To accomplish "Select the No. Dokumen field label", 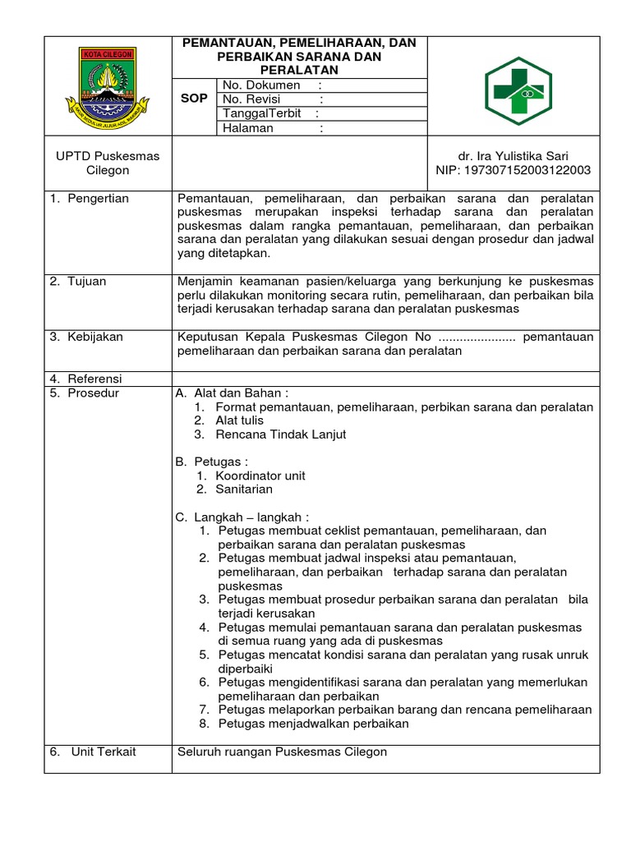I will pyautogui.click(x=256, y=85).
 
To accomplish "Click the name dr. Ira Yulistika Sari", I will pyautogui.click(x=513, y=156).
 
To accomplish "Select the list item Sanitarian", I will pyautogui.click(x=244, y=489).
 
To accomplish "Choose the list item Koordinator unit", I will pyautogui.click(x=260, y=476).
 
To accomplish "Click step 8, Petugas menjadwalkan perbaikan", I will pyautogui.click(x=313, y=724).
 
